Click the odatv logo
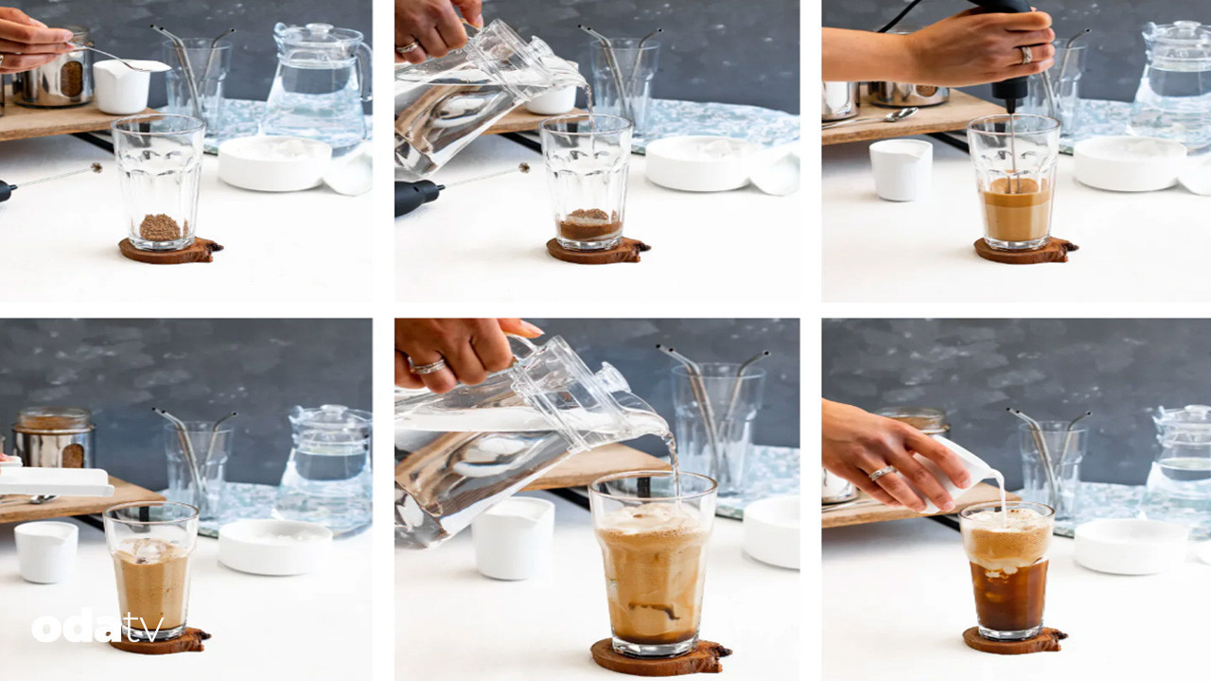click(x=97, y=626)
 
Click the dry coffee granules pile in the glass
click(x=161, y=228)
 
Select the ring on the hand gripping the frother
click(x=1026, y=55)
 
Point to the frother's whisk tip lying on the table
click(x=97, y=167)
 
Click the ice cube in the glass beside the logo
click(x=147, y=550)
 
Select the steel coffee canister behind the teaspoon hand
click(x=54, y=70)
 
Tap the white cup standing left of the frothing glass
click(x=900, y=169)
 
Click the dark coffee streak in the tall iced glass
click(x=653, y=610)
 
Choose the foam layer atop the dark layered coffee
click(x=1007, y=538)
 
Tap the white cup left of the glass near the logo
click(x=46, y=551)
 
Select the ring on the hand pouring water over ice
click(x=427, y=367)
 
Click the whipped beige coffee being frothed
click(x=1016, y=210)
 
